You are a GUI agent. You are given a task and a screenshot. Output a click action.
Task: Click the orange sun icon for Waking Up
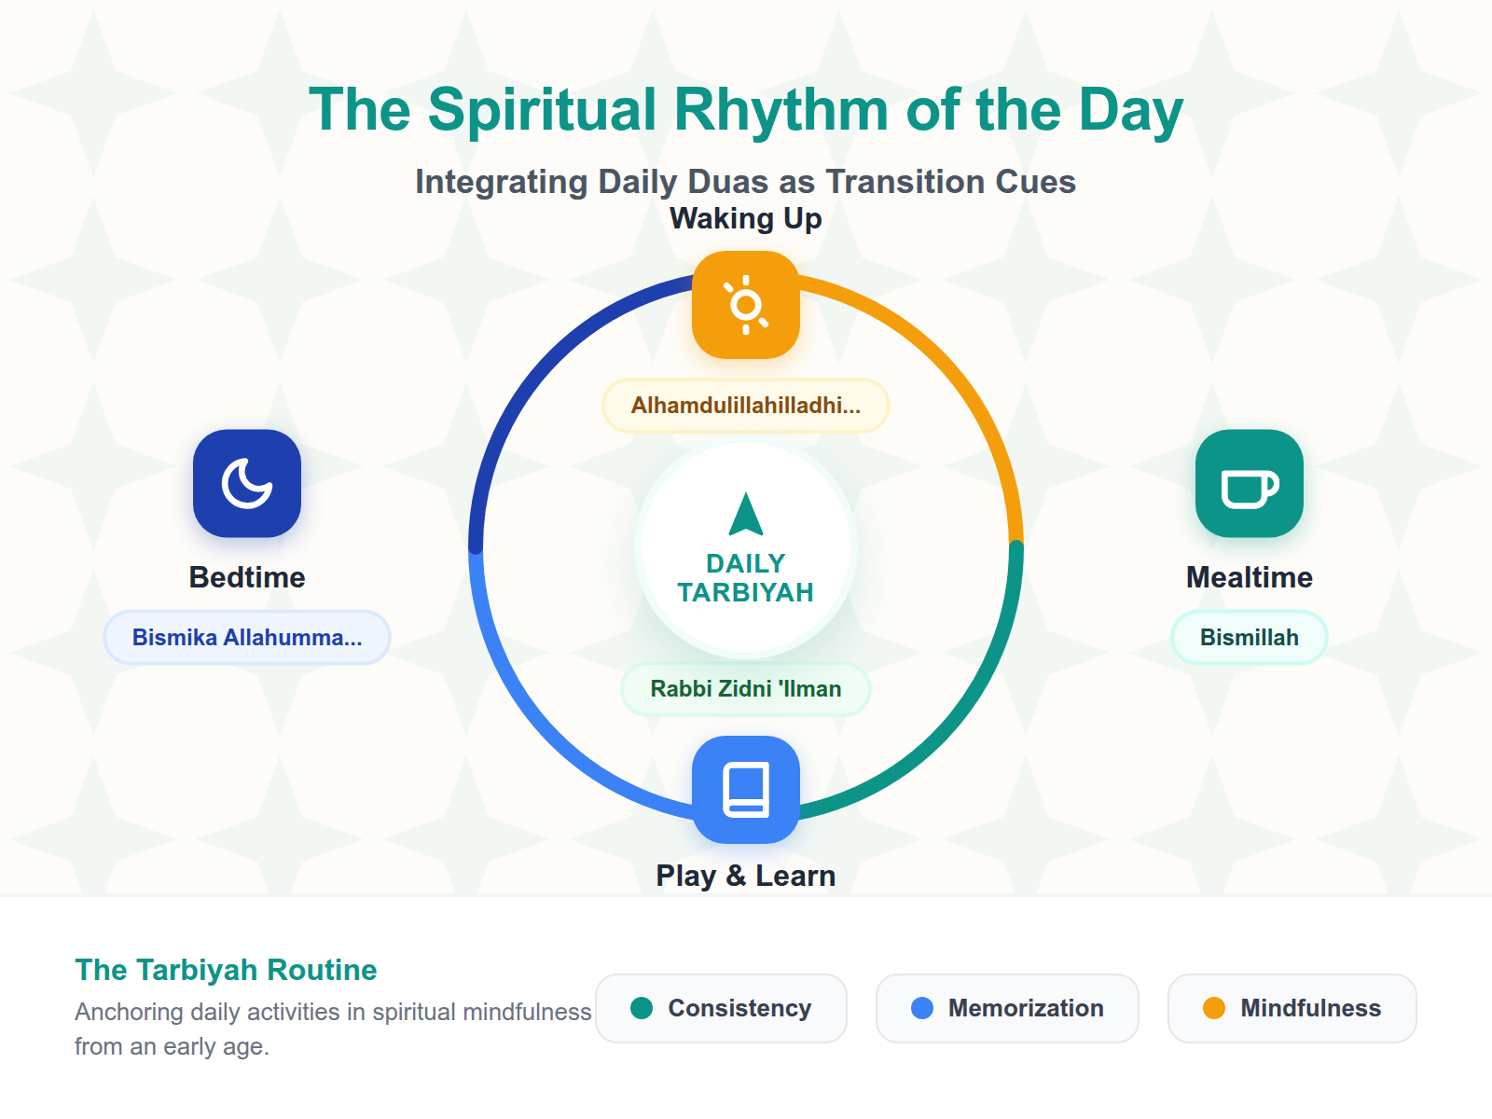[x=746, y=305]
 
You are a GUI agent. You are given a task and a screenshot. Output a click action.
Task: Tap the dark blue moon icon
[x=247, y=483]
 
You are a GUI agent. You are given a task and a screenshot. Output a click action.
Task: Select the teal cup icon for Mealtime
[x=1250, y=483]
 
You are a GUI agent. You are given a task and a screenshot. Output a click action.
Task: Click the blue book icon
[x=746, y=790]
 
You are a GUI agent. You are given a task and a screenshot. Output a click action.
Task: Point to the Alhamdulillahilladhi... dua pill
[x=746, y=406]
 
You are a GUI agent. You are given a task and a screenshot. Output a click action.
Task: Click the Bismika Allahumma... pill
[x=247, y=638]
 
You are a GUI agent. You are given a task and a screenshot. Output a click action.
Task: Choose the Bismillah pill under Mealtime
[x=1250, y=638]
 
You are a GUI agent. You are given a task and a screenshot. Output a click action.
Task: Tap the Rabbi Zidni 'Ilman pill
[x=746, y=689]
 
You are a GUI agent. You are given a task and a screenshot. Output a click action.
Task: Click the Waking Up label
[x=746, y=218]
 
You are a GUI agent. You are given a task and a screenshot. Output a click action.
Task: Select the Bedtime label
[x=247, y=577]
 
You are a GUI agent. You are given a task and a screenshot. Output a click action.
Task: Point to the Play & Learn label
[x=746, y=876]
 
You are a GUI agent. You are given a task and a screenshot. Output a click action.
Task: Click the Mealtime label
[x=1250, y=577]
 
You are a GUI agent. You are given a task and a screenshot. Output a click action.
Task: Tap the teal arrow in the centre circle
[x=746, y=515]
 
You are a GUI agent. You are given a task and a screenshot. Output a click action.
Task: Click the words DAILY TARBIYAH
[x=746, y=578]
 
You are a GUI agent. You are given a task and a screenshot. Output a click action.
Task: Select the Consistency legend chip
[x=721, y=1008]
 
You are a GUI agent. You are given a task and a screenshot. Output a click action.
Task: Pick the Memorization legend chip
[x=1007, y=1008]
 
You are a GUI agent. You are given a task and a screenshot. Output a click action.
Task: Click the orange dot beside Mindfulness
[x=1214, y=1008]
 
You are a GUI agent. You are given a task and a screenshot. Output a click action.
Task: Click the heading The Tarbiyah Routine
[x=226, y=970]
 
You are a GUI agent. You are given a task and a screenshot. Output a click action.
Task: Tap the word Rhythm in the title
[x=781, y=110]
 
